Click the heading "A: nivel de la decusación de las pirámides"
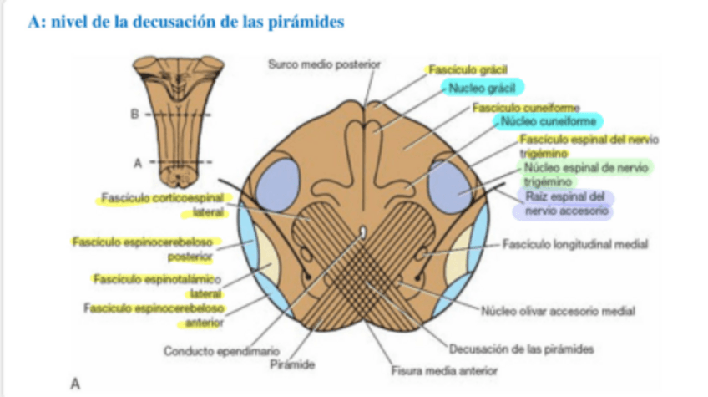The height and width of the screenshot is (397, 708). [185, 23]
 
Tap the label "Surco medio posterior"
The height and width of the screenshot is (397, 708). [324, 64]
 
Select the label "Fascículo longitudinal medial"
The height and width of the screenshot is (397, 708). [575, 244]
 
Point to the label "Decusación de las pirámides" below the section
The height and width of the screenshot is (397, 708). [521, 349]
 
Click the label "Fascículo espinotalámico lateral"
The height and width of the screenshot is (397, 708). [158, 285]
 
